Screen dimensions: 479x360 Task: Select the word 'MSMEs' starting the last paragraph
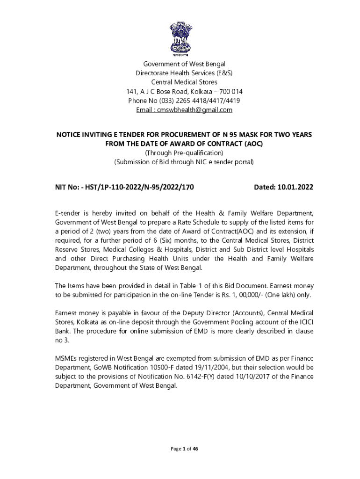point(66,359)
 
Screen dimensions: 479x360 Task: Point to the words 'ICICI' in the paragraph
point(303,321)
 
